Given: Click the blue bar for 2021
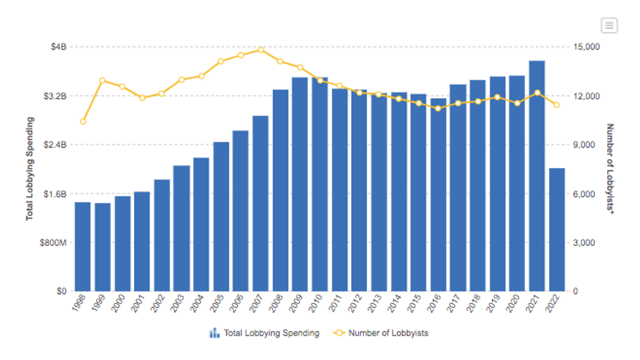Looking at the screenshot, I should tap(537, 176).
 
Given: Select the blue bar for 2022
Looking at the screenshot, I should tap(556, 229).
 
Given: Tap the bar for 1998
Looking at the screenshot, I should tap(83, 246).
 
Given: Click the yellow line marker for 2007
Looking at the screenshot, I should tap(261, 50).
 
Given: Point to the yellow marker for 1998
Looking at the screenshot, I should tap(83, 122).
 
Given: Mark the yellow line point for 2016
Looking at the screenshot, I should tap(438, 108).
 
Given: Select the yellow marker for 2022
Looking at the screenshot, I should tap(556, 105).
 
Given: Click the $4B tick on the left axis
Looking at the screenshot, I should tap(59, 47).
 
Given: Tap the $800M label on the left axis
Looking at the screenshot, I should tap(54, 242).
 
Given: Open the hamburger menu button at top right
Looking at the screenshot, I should tap(609, 25).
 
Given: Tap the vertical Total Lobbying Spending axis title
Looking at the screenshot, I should tap(29, 169).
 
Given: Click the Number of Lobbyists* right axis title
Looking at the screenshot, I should tap(611, 169).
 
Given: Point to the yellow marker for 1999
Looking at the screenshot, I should tap(103, 80).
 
